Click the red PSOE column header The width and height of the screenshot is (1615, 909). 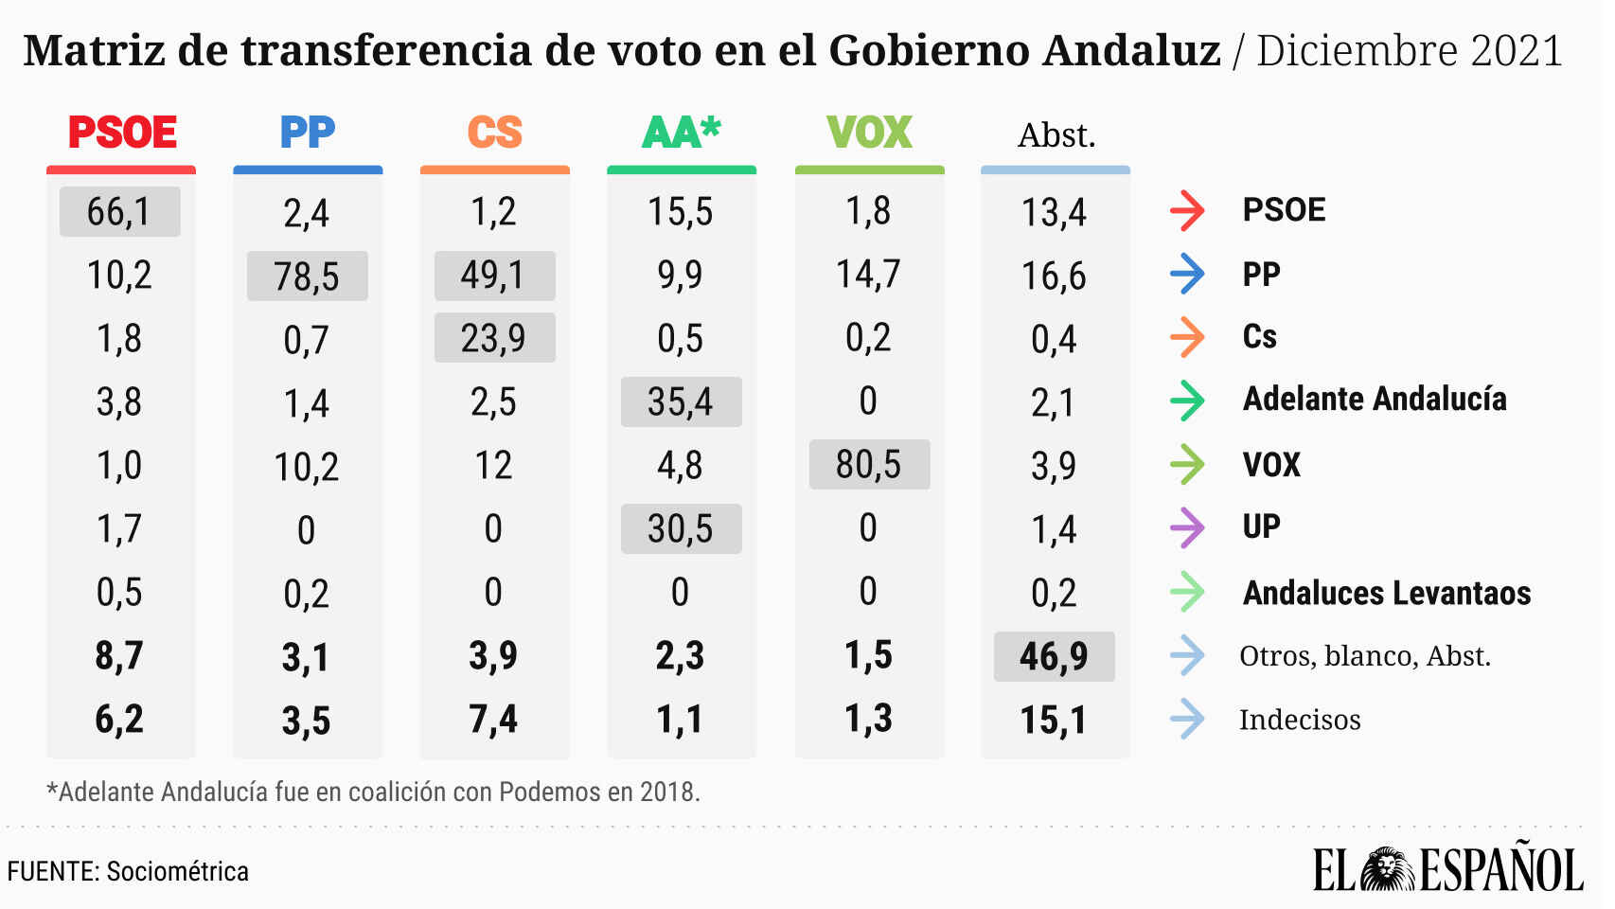coord(122,133)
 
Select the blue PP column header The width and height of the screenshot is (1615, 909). coord(308,133)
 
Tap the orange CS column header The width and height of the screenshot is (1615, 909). coord(494,133)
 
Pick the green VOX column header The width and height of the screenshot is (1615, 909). coord(869,133)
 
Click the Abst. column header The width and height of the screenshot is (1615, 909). coord(1056,135)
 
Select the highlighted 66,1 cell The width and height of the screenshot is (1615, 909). coord(119,211)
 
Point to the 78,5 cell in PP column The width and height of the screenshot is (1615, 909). coord(307,276)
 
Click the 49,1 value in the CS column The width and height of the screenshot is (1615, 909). coord(493,276)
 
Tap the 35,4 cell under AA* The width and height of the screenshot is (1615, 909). coord(681,402)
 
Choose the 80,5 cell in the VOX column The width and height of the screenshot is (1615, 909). coord(868,465)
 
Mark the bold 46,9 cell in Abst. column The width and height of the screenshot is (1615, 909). coord(1054,656)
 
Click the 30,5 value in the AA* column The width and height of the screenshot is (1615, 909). coord(681,529)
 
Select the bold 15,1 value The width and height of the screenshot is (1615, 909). coord(1054,721)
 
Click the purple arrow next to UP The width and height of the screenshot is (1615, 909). coord(1187,527)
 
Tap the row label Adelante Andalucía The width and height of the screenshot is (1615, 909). coord(1375,400)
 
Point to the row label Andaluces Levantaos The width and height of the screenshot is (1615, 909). coord(1387,593)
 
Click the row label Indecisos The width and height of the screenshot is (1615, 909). coord(1300,720)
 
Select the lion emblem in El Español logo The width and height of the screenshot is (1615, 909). coord(1388,869)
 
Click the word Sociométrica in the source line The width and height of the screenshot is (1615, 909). coord(177,871)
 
